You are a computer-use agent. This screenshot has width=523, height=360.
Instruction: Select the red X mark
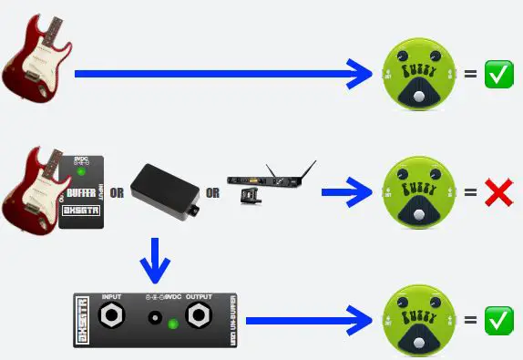497,192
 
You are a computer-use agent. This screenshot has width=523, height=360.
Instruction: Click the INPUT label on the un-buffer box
113,297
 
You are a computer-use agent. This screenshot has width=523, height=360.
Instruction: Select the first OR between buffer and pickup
117,192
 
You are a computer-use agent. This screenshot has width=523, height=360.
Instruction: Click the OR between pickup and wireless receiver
211,192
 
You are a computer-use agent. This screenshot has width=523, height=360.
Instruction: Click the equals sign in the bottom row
470,319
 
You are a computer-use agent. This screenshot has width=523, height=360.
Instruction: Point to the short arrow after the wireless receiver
345,192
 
